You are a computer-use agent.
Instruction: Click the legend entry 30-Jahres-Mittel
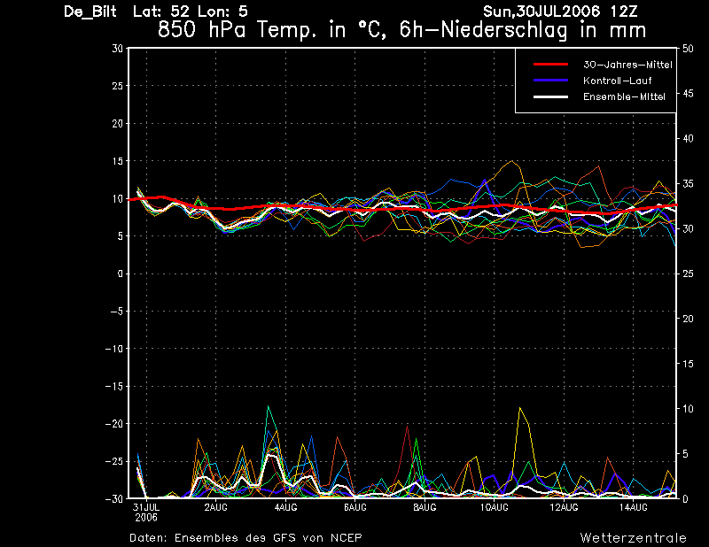click(627, 65)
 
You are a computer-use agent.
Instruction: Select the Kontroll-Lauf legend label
click(617, 81)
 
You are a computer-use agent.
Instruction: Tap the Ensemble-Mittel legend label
click(624, 96)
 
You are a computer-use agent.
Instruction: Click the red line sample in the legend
click(550, 65)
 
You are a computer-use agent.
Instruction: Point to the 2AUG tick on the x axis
click(215, 508)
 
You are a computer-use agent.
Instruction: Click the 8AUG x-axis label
click(425, 508)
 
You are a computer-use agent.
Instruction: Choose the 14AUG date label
click(633, 508)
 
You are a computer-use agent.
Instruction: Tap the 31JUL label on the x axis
click(146, 508)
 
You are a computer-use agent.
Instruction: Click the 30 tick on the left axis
click(117, 49)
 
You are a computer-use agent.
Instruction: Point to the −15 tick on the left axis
click(114, 386)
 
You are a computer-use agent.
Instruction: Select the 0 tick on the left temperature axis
click(120, 273)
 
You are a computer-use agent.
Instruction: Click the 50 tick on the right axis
click(688, 49)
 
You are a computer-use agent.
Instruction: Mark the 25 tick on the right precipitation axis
click(688, 273)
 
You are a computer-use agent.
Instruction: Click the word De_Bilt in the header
click(90, 12)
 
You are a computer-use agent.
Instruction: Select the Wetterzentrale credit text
click(634, 538)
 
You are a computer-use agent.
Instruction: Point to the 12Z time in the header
click(624, 11)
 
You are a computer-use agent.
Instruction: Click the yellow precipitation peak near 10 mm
click(520, 408)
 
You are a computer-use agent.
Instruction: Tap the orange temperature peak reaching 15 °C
click(511, 161)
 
